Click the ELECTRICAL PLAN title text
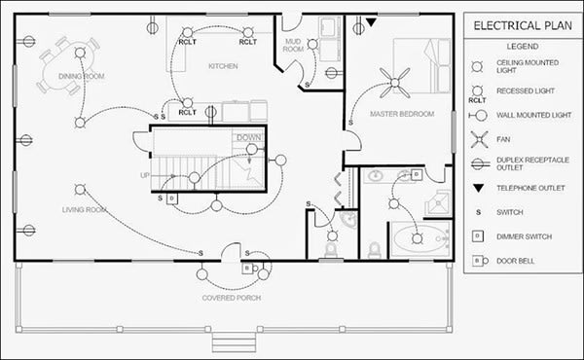[517, 25]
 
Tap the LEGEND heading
[516, 46]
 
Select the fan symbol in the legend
[477, 139]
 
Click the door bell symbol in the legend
[477, 261]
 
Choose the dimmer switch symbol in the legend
[477, 236]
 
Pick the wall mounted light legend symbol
[477, 115]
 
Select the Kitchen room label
[223, 66]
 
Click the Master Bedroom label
[401, 114]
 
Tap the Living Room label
[85, 209]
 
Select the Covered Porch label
[229, 297]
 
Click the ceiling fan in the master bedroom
[395, 86]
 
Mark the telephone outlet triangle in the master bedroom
[371, 21]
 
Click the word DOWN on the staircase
[248, 138]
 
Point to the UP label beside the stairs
[145, 176]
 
